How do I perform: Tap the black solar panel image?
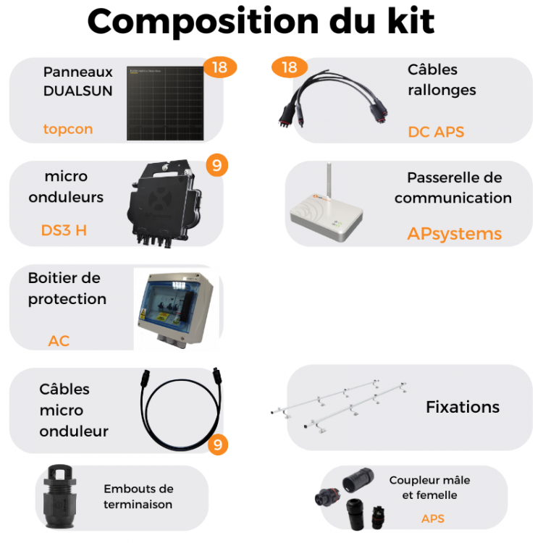166,102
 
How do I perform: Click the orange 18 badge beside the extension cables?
289,67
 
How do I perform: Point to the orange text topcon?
68,130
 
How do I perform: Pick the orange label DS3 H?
64,231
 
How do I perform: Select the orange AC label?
59,340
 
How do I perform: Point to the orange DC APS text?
436,132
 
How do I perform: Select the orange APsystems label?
454,233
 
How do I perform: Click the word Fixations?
463,407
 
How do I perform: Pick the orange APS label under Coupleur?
432,518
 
